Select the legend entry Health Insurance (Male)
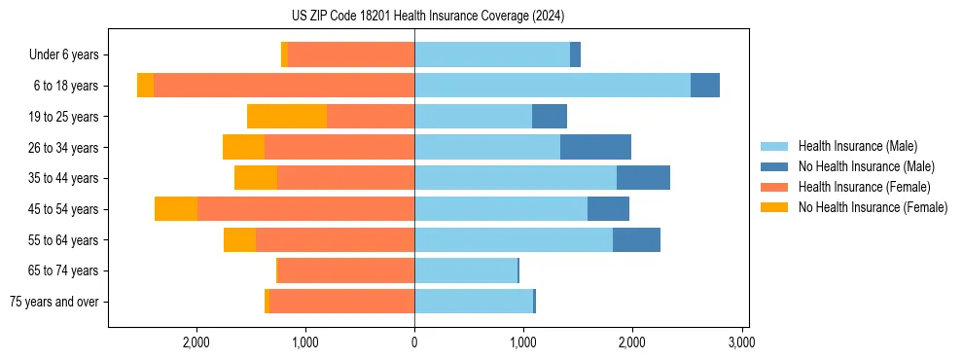856,146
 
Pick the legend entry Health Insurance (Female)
864,187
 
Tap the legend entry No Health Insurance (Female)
873,207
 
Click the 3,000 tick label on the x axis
741,342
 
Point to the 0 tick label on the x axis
414,342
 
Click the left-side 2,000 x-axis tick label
196,342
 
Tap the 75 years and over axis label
53,302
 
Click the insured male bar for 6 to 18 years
553,86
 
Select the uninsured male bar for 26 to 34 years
595,147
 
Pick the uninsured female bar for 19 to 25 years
287,117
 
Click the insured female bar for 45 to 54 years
305,209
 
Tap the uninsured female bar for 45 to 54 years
176,209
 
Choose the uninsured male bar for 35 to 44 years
643,178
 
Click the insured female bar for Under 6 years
351,55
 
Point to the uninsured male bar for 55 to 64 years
636,239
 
